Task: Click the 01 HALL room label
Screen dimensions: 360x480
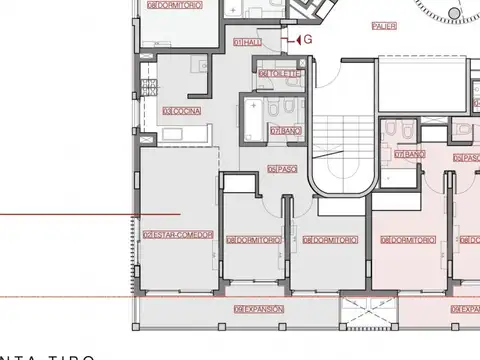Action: (x=248, y=43)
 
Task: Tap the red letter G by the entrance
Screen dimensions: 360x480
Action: (x=308, y=39)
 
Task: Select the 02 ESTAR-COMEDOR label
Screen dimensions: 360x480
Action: (x=178, y=235)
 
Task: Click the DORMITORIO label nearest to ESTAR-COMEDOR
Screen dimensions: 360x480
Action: (x=250, y=240)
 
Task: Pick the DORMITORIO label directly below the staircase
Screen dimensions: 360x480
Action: (x=329, y=240)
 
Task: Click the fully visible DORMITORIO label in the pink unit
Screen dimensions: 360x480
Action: (x=408, y=240)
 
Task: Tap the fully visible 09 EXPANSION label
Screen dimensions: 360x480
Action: (x=259, y=309)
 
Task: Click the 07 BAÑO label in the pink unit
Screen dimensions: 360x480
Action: (x=410, y=154)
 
